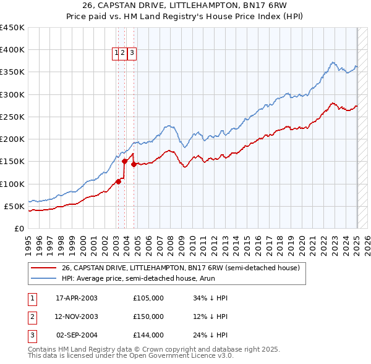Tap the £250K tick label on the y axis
click(x=12, y=117)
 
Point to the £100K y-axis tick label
click(x=12, y=184)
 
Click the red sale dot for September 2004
click(x=134, y=164)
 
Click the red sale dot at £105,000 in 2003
click(x=118, y=181)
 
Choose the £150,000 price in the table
click(x=148, y=317)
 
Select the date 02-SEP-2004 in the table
click(x=76, y=336)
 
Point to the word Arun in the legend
click(x=209, y=279)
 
